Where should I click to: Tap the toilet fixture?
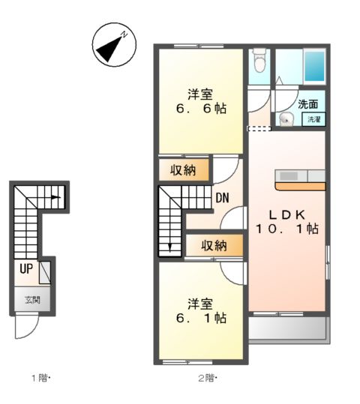(259, 58)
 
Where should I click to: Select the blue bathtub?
(314, 66)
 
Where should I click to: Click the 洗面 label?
(307, 105)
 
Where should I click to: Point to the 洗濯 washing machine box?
(313, 119)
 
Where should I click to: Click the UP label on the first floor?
(25, 268)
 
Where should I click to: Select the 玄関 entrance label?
(32, 301)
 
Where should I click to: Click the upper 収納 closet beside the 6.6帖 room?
(184, 170)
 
